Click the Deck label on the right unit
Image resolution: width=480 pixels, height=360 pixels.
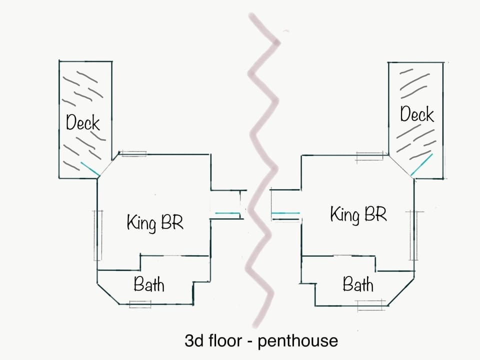pyautogui.click(x=417, y=114)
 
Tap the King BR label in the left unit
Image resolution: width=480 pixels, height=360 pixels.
pyautogui.click(x=155, y=222)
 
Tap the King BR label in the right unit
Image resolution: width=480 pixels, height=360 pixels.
pyautogui.click(x=358, y=214)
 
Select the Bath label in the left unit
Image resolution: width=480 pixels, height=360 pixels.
pyautogui.click(x=149, y=285)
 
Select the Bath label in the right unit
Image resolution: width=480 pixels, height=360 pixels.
pyautogui.click(x=358, y=285)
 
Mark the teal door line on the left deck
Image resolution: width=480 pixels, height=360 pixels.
pyautogui.click(x=90, y=169)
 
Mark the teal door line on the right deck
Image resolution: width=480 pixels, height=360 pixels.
pyautogui.click(x=421, y=165)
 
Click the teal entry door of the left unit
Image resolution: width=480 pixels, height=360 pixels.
pyautogui.click(x=226, y=214)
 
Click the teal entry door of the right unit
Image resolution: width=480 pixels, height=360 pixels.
pyautogui.click(x=285, y=213)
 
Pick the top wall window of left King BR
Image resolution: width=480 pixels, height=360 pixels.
pyautogui.click(x=133, y=153)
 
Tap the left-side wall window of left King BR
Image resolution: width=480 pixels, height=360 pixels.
pyautogui.click(x=98, y=235)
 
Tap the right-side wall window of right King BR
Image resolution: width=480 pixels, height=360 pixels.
pyautogui.click(x=413, y=235)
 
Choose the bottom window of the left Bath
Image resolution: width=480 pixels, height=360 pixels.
pyautogui.click(x=140, y=303)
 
